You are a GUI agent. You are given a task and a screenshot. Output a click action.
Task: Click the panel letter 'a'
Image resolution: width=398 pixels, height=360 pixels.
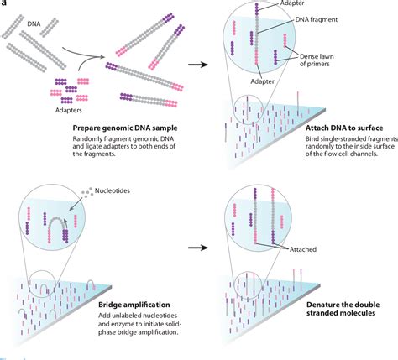point(4,3)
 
